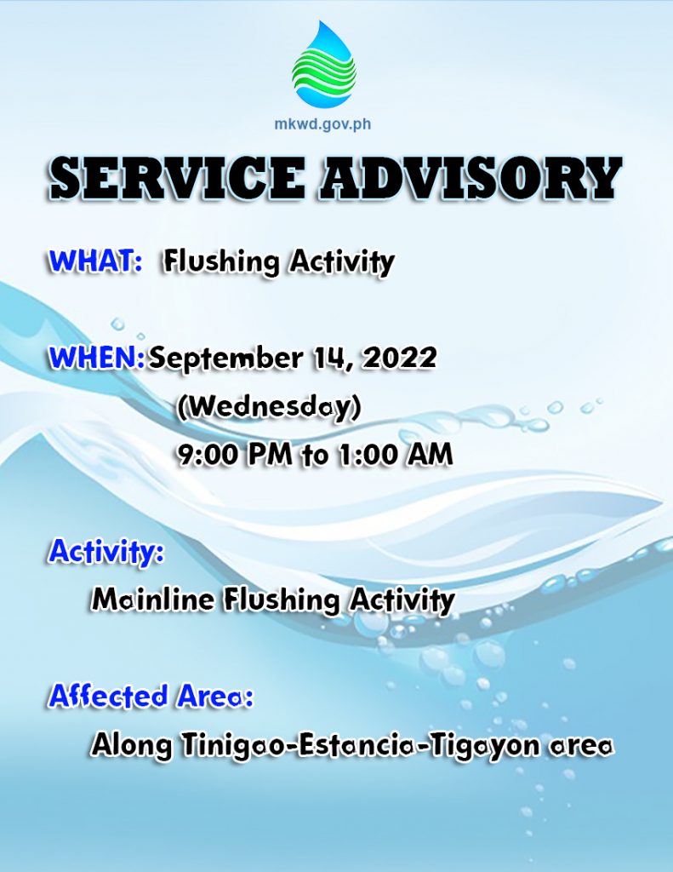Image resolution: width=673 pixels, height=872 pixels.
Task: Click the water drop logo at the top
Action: (324, 64)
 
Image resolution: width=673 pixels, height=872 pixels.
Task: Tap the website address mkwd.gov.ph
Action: (322, 123)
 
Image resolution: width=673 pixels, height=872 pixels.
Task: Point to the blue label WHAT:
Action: (95, 261)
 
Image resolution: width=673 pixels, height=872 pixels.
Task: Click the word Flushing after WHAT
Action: (220, 262)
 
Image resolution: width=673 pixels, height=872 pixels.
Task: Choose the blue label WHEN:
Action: (97, 358)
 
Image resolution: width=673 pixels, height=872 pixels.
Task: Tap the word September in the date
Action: (225, 359)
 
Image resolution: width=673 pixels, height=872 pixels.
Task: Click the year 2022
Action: (398, 358)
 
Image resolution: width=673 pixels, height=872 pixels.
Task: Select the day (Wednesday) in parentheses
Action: (269, 408)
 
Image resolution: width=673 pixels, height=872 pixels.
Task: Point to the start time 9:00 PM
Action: (235, 455)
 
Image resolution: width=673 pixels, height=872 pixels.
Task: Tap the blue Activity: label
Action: (106, 552)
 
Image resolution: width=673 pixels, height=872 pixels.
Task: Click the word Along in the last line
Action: (132, 746)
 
